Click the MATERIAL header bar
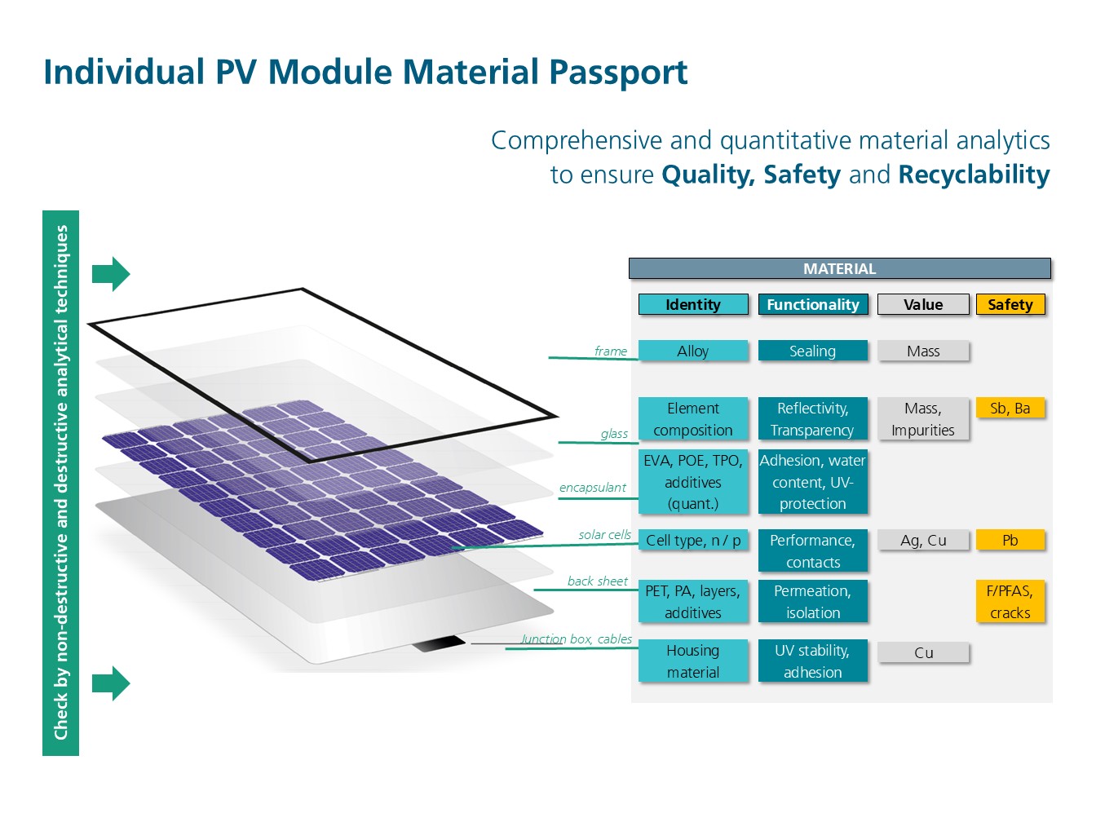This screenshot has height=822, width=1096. click(839, 268)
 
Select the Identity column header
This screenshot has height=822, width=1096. click(693, 304)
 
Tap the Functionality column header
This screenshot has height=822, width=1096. click(813, 304)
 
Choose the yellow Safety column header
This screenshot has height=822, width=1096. click(1010, 304)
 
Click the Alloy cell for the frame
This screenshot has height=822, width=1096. click(693, 351)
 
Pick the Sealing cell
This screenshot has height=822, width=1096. click(813, 351)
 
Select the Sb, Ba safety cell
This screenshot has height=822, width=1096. click(1010, 409)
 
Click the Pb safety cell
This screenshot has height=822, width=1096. click(1010, 540)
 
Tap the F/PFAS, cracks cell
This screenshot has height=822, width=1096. click(1010, 601)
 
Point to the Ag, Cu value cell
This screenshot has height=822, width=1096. click(923, 540)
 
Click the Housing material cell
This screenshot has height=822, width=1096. click(693, 661)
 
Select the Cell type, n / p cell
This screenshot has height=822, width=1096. click(693, 540)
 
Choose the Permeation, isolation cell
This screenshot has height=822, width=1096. click(813, 601)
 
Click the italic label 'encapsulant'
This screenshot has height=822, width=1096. click(592, 487)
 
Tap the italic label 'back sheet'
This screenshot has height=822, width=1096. click(597, 581)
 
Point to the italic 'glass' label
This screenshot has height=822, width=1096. click(614, 434)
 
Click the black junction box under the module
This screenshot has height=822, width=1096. click(439, 643)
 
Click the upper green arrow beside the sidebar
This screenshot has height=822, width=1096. click(111, 274)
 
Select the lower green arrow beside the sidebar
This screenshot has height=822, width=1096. click(111, 683)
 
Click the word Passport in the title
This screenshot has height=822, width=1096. click(618, 73)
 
